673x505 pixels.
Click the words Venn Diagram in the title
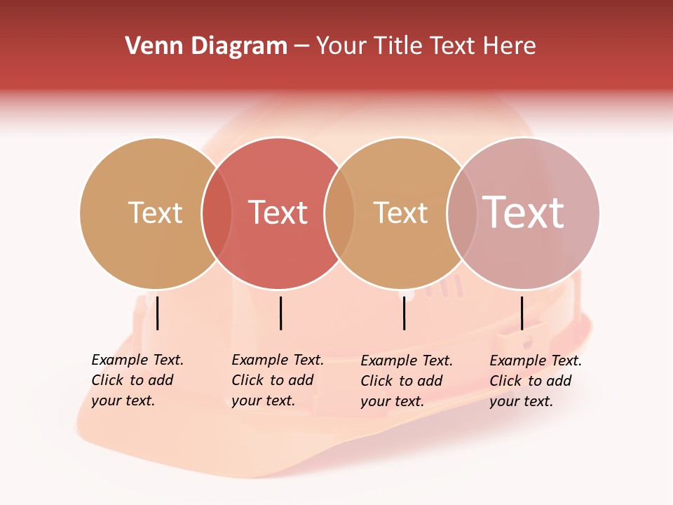point(206,46)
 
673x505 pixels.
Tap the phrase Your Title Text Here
point(426,46)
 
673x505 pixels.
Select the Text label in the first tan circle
point(155,213)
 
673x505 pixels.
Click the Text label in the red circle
point(278,213)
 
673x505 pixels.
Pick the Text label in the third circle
point(400,213)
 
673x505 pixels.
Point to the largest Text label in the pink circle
point(524,212)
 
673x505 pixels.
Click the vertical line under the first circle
point(158,313)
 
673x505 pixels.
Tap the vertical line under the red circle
point(280,313)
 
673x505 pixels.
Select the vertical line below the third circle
point(405,313)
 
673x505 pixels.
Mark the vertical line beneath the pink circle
point(522,313)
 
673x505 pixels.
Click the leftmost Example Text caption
point(137,380)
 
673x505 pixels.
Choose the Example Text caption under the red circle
point(278,380)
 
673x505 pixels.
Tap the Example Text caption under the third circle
point(407,381)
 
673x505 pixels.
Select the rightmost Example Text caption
point(536,381)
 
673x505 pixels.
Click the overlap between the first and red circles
point(217,213)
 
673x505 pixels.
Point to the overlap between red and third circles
point(339,213)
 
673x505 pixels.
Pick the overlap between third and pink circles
point(461,213)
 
